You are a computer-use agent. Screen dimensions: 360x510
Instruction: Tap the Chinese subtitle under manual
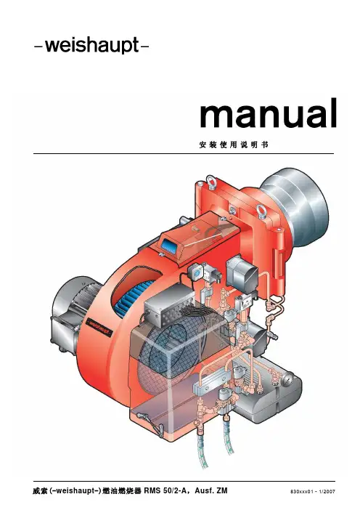point(234,145)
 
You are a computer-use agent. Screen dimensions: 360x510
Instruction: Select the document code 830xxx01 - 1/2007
point(313,491)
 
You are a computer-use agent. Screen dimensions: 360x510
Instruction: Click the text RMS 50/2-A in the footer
point(165,490)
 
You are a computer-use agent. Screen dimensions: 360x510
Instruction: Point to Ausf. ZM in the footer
point(211,490)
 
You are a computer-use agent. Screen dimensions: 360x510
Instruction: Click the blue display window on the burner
point(168,246)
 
